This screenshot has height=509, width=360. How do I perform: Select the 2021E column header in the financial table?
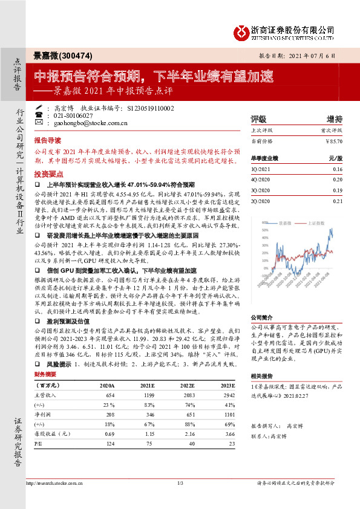click(146, 384)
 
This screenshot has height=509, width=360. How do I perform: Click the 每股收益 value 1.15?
click(146, 433)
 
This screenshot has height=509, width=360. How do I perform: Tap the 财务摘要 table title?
click(47, 374)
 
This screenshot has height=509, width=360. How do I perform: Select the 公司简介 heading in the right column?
click(263, 317)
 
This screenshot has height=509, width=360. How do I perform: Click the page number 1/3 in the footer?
click(180, 482)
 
